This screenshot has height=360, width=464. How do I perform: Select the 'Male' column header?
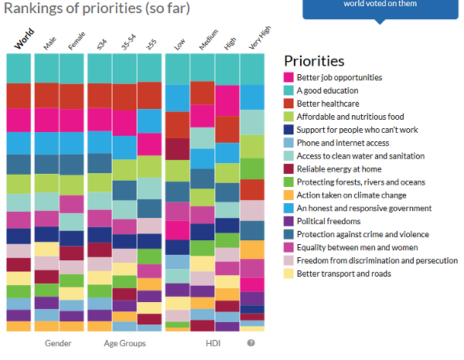click(49, 43)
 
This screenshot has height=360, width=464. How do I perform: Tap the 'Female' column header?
click(75, 42)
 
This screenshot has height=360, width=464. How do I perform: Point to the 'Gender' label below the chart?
click(58, 342)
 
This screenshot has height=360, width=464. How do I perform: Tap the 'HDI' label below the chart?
click(213, 342)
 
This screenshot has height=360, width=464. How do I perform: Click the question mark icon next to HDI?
click(251, 342)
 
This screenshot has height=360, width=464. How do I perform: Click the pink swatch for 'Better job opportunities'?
click(288, 77)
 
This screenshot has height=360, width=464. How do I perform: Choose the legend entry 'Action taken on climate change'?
click(351, 195)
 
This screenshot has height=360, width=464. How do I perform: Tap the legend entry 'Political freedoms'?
click(328, 221)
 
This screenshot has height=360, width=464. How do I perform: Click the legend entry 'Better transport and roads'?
click(343, 273)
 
